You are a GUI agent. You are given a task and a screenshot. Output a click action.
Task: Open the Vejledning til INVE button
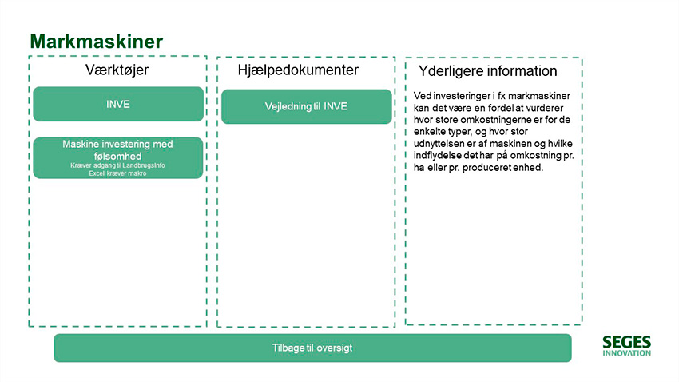coord(306,106)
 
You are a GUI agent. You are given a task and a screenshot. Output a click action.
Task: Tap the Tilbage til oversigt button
coord(312,348)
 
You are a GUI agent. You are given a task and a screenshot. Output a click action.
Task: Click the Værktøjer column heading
coord(117,71)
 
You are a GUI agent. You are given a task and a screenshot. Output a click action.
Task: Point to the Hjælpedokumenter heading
coord(298,70)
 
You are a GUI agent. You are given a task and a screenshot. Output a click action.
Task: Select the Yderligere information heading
coord(487,71)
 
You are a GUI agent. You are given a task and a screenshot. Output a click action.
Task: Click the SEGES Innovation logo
coord(626,345)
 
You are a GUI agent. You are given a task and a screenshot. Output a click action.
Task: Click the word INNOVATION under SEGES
coord(626,352)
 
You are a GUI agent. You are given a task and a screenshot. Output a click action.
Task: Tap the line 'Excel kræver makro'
coord(117,173)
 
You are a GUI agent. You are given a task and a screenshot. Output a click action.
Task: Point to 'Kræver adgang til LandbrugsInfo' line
coord(117,165)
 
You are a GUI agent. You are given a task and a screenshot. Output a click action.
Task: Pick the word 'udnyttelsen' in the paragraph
coord(440,143)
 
